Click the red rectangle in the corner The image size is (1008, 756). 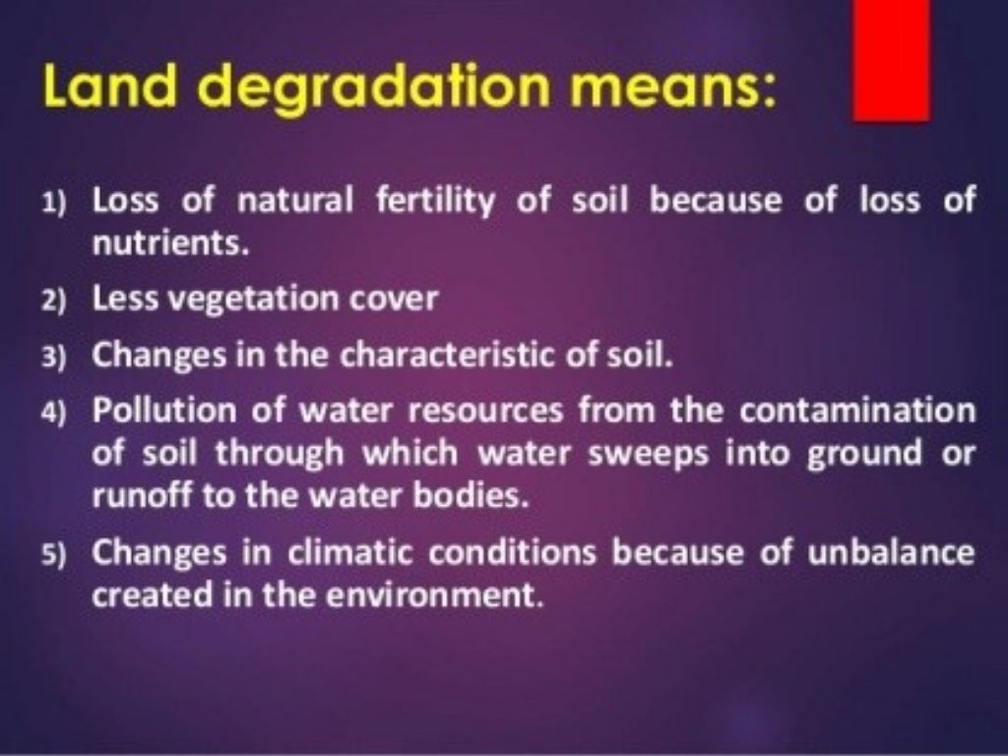click(892, 59)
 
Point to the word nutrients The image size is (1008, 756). click(166, 242)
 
